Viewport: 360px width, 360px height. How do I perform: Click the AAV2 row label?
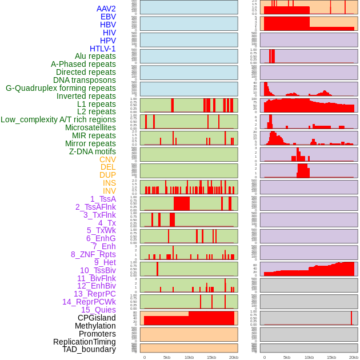tap(106, 9)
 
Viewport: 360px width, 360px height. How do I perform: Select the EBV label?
tap(108, 17)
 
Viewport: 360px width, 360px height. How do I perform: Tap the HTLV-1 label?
tap(103, 49)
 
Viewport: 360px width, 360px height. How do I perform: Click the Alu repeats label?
tap(95, 56)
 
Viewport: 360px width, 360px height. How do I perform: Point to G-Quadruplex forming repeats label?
tap(61, 88)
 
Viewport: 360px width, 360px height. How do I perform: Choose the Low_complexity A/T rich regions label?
tap(58, 119)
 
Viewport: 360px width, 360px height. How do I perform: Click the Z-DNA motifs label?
tap(93, 151)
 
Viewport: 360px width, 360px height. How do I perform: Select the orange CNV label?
tap(107, 159)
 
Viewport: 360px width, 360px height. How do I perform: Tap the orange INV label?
tap(109, 191)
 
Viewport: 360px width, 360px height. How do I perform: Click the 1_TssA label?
tap(103, 199)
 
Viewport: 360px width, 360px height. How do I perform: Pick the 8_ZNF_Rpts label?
tap(93, 254)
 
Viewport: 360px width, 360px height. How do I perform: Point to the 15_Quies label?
tap(98, 310)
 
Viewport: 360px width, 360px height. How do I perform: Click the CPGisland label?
tap(97, 318)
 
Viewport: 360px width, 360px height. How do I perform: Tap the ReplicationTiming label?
tap(85, 342)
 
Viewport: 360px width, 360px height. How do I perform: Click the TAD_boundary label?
tap(89, 349)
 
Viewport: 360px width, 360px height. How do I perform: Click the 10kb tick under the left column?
tap(189, 357)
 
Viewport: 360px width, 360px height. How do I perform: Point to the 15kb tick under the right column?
tap(331, 357)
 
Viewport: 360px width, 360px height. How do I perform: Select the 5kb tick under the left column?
tap(167, 357)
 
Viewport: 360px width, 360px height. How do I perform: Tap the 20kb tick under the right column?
tap(354, 357)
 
